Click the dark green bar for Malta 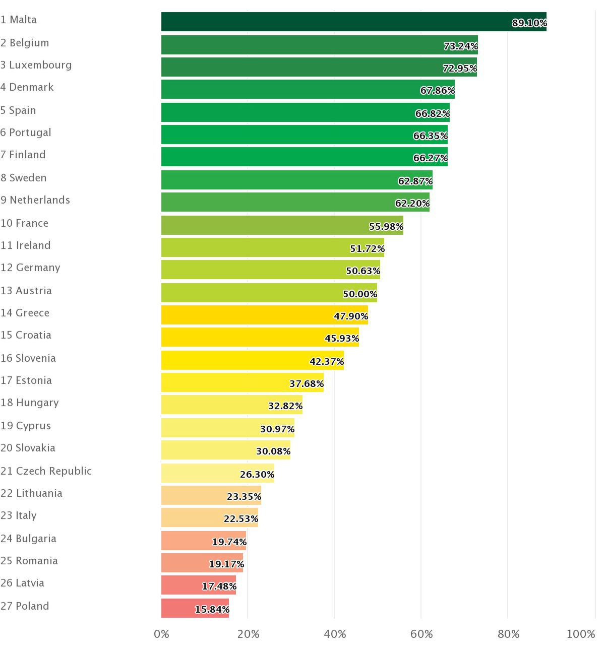click(333, 22)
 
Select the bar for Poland click(195, 608)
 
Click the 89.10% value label click(529, 23)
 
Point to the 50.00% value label click(360, 294)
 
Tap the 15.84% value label click(212, 609)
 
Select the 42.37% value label click(327, 361)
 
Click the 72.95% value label click(460, 68)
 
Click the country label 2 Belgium click(25, 43)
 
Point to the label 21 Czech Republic click(46, 471)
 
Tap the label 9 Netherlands click(35, 200)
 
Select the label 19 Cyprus click(26, 426)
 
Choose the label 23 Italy click(19, 515)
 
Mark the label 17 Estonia click(26, 380)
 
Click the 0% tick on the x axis click(161, 634)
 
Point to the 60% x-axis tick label click(421, 634)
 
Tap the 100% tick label click(581, 634)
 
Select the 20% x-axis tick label click(248, 634)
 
